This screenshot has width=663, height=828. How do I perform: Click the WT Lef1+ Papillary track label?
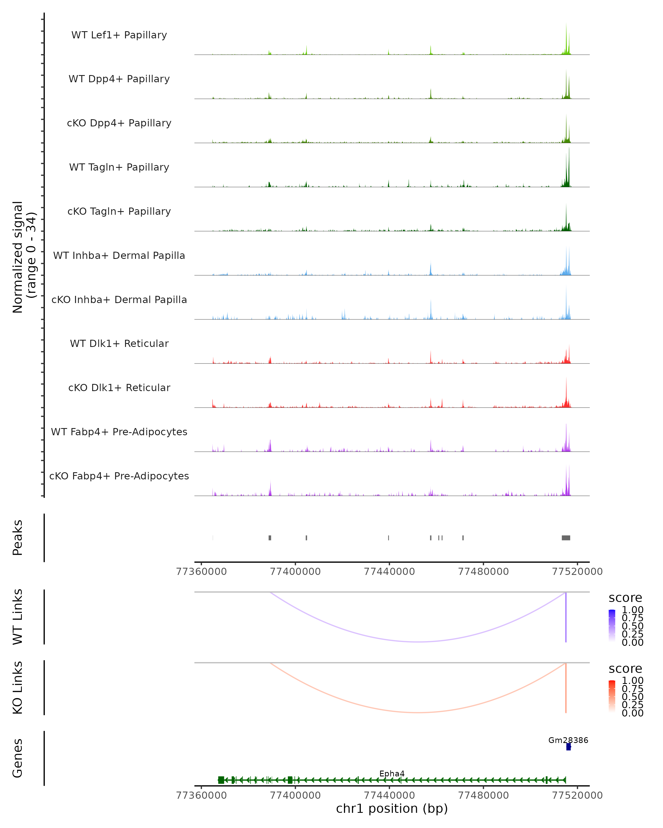tap(119, 35)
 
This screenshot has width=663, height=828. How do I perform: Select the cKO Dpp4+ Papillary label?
tap(119, 123)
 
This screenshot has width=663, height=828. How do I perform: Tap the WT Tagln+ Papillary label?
tap(119, 168)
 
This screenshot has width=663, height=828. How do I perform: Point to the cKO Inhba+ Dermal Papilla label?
tap(119, 300)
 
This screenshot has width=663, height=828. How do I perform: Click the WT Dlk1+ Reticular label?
tap(119, 344)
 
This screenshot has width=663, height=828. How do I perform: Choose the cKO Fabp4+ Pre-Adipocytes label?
tap(119, 476)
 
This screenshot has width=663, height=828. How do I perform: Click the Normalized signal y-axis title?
tap(24, 257)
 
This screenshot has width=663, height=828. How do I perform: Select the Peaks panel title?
tap(18, 538)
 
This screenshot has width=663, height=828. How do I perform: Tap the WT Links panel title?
tap(18, 617)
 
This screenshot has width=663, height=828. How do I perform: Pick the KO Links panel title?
tap(18, 688)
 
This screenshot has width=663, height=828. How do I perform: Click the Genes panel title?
tap(18, 758)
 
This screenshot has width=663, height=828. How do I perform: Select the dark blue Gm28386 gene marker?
tap(569, 747)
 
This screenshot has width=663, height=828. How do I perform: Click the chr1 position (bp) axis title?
tap(392, 809)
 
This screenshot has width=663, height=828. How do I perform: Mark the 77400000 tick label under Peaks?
tap(295, 572)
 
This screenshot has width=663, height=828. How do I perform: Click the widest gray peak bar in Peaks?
tap(566, 538)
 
